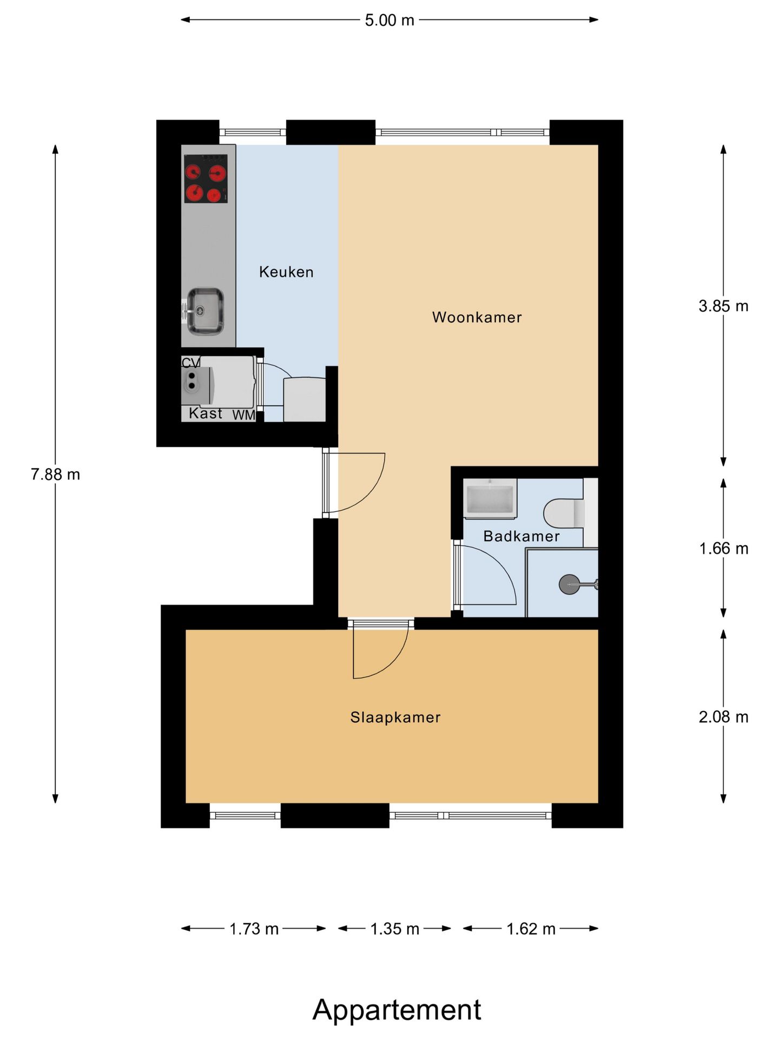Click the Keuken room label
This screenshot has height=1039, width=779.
tap(286, 272)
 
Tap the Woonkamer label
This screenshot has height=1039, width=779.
tap(477, 317)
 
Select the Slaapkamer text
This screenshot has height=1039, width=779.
tap(395, 718)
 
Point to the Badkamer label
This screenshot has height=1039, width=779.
tap(521, 536)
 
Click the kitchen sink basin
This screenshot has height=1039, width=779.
tap(205, 311)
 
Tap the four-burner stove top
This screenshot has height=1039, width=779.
tap(206, 179)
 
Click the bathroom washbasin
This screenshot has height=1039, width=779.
tap(490, 498)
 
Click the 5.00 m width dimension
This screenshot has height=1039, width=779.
tap(389, 20)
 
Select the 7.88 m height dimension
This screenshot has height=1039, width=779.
tap(55, 475)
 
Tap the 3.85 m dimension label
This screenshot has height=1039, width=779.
tap(723, 306)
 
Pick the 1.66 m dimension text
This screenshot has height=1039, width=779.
tap(723, 549)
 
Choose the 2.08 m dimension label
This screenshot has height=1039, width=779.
tap(723, 717)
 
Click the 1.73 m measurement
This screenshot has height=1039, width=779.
tap(254, 929)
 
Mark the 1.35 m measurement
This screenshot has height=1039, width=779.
tap(395, 929)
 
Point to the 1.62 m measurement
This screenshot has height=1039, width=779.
tap(531, 929)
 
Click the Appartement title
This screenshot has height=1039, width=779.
tap(397, 1010)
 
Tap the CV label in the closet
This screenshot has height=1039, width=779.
tap(190, 363)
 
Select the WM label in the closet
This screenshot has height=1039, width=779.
tap(243, 415)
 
